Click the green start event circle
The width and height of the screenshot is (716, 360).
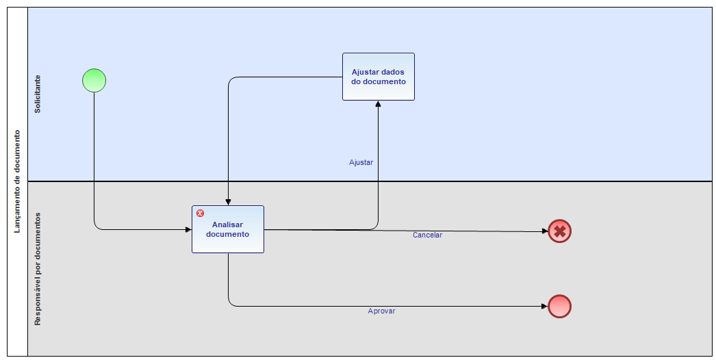(x=94, y=80)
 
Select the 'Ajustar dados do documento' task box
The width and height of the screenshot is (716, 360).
(x=378, y=77)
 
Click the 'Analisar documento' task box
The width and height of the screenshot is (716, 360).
(x=227, y=229)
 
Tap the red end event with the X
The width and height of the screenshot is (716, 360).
(x=559, y=231)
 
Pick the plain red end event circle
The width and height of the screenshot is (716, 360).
(x=559, y=307)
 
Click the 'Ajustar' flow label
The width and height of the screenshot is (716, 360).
(x=361, y=163)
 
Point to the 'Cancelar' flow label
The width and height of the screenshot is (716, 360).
(x=427, y=235)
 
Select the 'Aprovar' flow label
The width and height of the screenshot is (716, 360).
(x=381, y=311)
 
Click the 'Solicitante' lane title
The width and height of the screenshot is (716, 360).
(x=38, y=94)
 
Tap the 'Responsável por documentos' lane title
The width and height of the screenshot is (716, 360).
(x=38, y=268)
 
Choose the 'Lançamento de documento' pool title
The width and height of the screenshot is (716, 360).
(x=17, y=181)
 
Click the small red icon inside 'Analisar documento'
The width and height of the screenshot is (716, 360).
(x=200, y=214)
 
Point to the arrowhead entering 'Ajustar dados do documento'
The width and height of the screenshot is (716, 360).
(x=378, y=104)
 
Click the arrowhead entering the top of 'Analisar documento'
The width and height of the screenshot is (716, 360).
(x=229, y=201)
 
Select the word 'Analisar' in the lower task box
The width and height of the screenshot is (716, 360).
(x=227, y=224)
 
